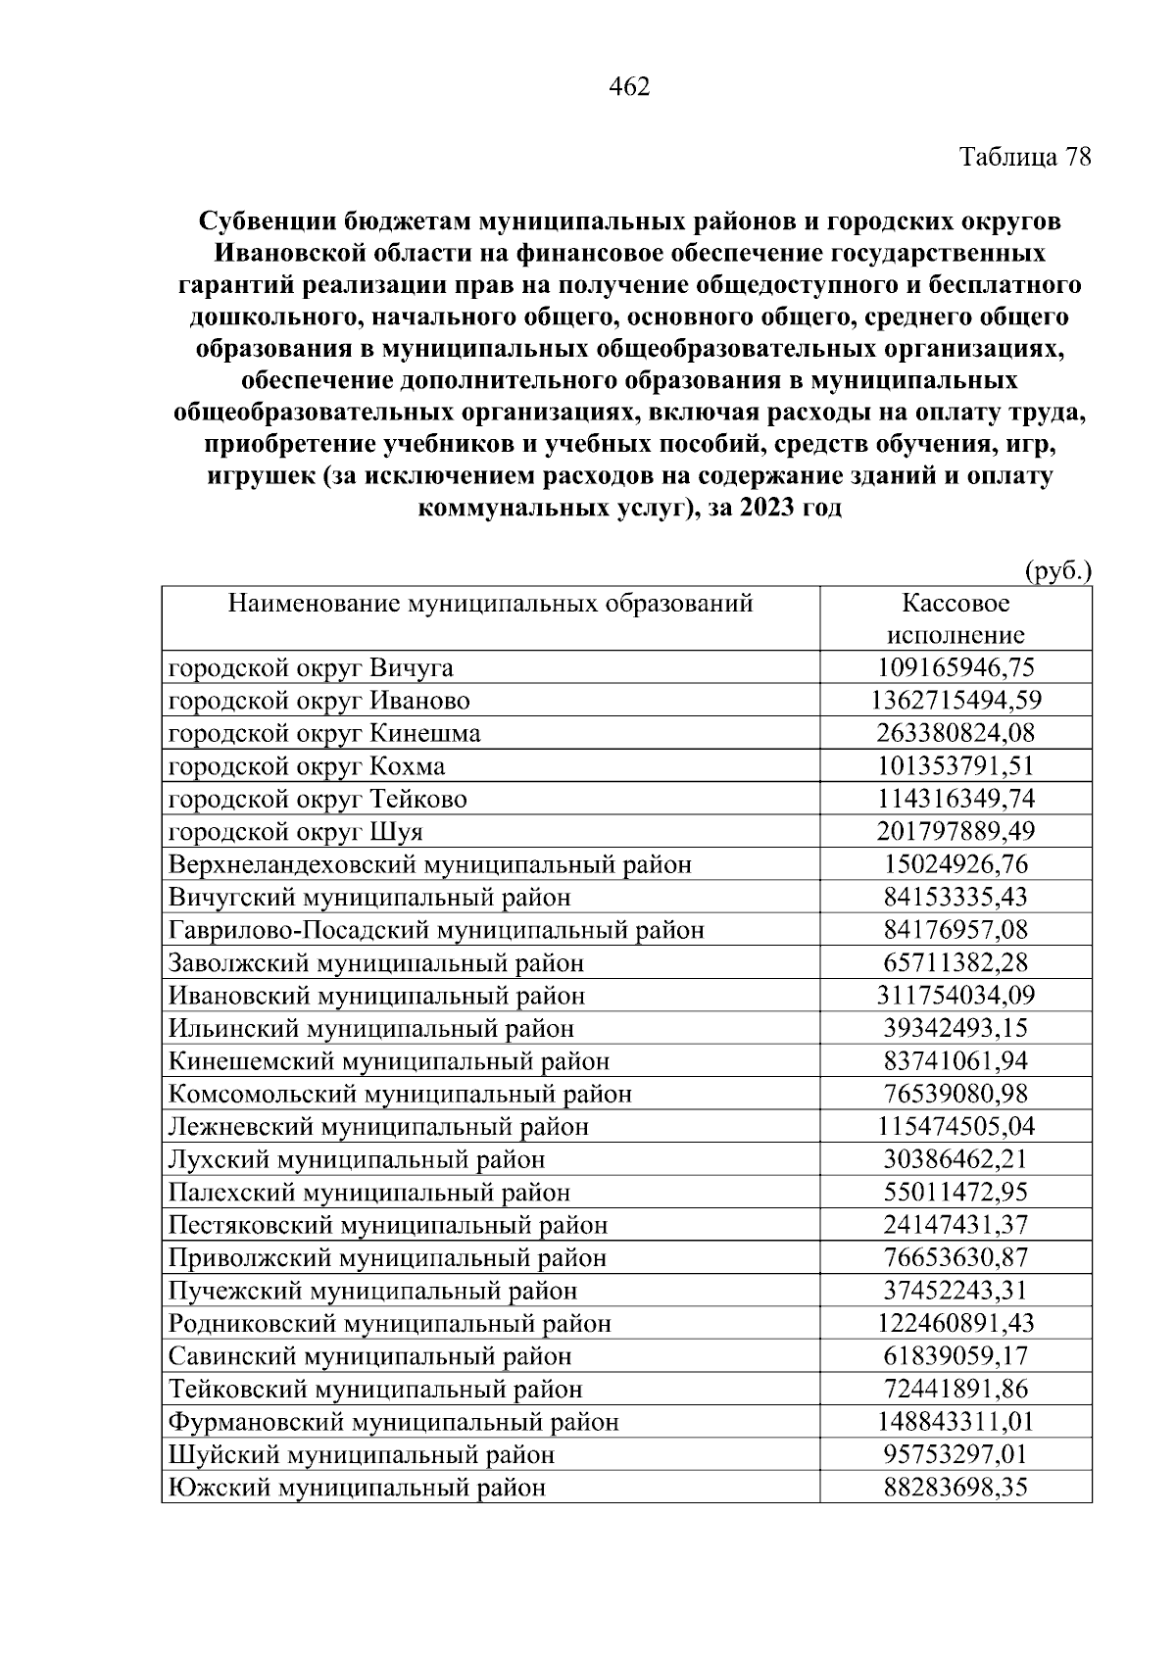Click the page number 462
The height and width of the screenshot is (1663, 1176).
[629, 88]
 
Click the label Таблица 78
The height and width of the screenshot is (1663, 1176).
[1024, 157]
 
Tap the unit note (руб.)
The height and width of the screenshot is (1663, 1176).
[1057, 570]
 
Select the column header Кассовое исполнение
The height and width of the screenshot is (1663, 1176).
[955, 618]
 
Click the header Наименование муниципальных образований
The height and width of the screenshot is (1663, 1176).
[490, 603]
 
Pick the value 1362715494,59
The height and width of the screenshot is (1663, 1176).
[955, 701]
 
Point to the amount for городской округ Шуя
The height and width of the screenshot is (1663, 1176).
[955, 832]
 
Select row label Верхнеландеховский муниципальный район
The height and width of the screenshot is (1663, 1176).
[430, 865]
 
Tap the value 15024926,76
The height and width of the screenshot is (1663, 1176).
[955, 865]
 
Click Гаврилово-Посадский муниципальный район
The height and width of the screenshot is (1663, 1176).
[436, 930]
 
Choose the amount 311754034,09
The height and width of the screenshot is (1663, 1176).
[955, 996]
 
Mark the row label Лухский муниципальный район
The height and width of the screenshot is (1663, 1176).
[357, 1160]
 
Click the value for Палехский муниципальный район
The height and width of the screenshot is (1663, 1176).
[955, 1193]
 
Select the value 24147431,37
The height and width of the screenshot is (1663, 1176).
[955, 1225]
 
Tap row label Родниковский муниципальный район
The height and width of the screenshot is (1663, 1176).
[390, 1324]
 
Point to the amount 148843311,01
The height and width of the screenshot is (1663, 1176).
[955, 1422]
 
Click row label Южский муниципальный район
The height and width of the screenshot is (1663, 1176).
[357, 1488]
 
